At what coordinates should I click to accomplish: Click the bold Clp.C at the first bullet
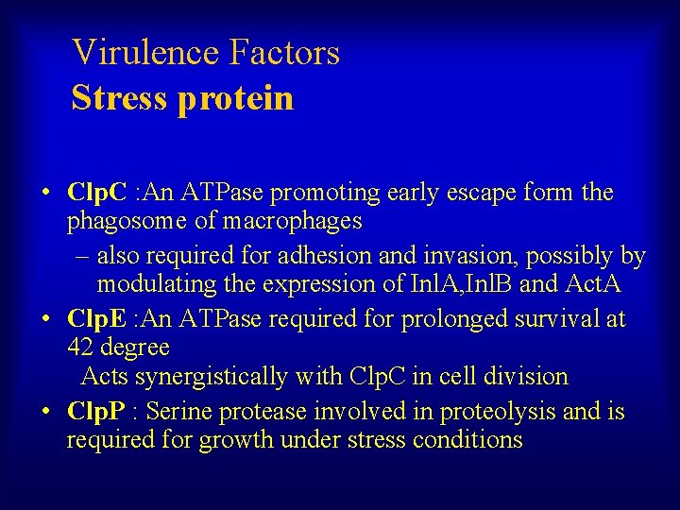[x=98, y=194]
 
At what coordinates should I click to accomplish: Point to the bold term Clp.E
[x=97, y=319]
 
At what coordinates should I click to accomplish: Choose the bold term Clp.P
[x=97, y=412]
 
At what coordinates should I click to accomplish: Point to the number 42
[x=80, y=348]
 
